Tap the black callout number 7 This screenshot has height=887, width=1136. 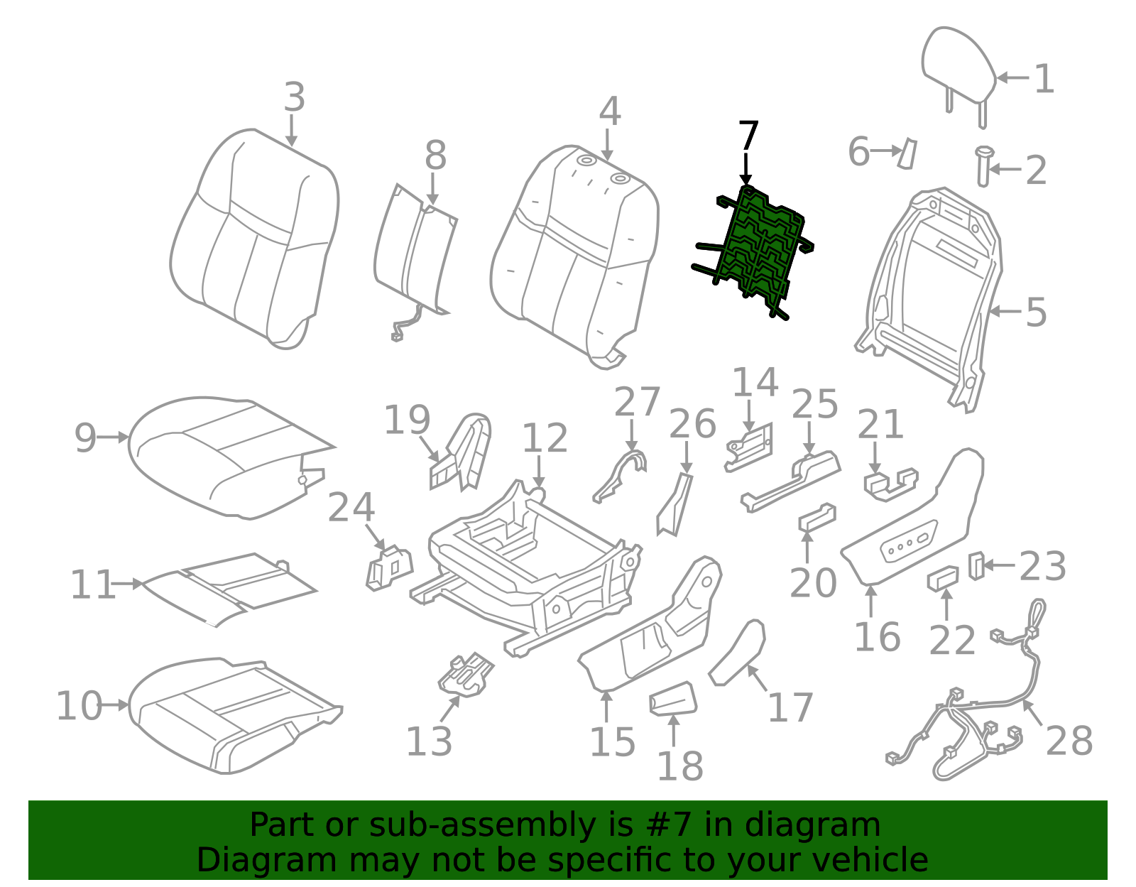(748, 136)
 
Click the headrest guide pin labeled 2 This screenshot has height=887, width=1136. (983, 167)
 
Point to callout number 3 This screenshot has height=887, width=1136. (294, 97)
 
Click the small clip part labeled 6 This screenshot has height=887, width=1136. (907, 153)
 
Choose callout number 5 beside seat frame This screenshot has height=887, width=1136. (1036, 312)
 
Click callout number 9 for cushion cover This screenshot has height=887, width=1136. (85, 437)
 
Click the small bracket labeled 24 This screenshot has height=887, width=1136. (389, 567)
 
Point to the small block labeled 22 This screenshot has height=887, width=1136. (942, 578)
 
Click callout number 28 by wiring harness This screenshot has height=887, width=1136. (1069, 741)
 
